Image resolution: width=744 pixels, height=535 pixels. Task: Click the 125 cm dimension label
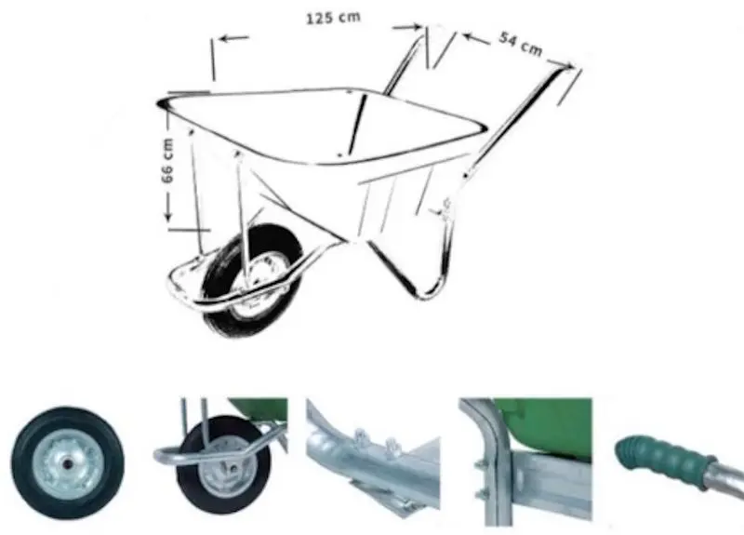tap(333, 18)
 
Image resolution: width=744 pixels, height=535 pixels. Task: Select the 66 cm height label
tap(167, 160)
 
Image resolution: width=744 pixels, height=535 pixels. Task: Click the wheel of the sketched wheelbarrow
tap(252, 281)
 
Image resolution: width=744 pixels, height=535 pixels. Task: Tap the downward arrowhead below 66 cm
tap(168, 216)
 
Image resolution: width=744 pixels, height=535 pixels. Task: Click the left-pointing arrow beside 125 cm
tap(233, 38)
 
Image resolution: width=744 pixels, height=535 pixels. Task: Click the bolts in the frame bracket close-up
tap(378, 440)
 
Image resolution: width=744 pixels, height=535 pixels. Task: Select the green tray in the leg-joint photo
tap(551, 422)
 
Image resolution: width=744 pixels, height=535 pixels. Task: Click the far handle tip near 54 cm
tap(568, 71)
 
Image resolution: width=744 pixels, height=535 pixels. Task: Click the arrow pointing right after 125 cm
tap(407, 28)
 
